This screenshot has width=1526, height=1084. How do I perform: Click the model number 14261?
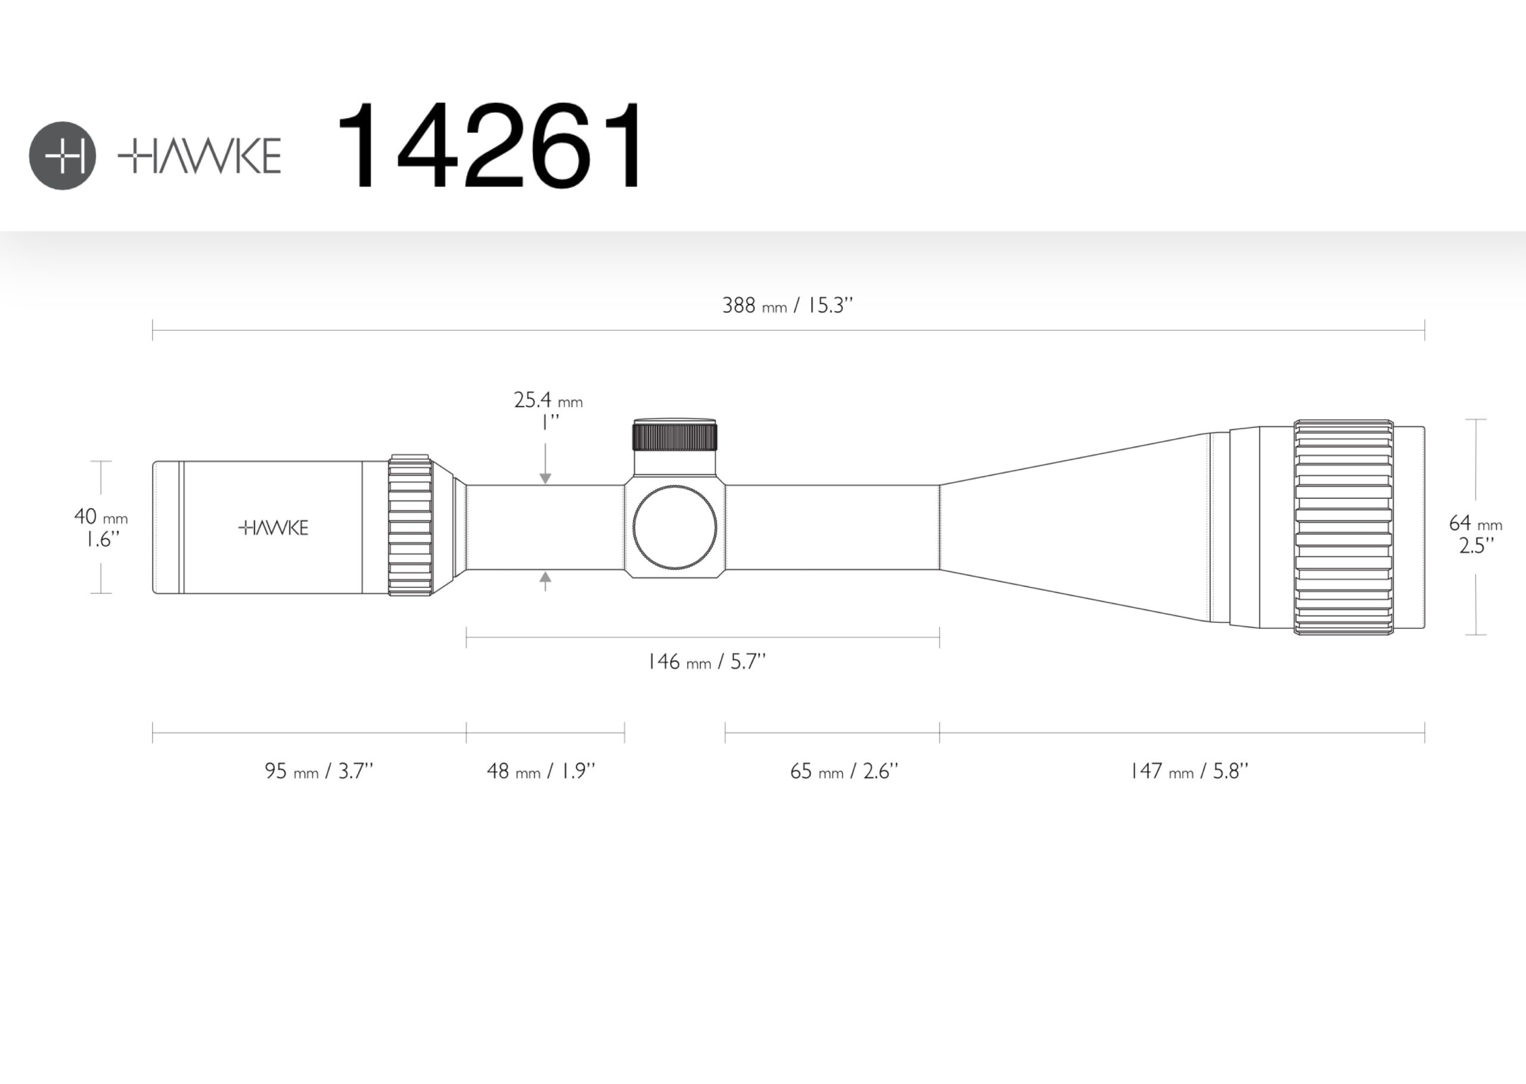coord(491,145)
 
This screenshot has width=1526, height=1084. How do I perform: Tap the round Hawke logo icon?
coord(63,156)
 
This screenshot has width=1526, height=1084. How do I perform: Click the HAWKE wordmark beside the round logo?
coord(200,156)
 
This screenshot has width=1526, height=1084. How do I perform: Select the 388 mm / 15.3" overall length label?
coord(787,306)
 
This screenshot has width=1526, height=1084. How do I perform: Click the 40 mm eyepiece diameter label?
coord(100,527)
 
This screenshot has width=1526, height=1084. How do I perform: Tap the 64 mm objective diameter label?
coord(1475,534)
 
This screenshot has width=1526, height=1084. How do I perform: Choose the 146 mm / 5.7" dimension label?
coord(707,661)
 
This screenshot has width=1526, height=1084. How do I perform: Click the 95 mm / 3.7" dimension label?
coord(319,771)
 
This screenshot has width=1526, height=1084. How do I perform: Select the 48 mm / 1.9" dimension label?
coord(541,771)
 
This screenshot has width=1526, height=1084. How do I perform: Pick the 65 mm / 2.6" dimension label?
coord(845,771)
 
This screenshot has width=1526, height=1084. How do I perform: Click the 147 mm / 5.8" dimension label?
coord(1189,771)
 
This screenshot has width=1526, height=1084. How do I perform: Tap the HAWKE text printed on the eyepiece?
coord(274,528)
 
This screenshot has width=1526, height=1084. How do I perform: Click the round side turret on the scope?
coord(675,527)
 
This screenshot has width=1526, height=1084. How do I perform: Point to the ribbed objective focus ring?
coord(1344,527)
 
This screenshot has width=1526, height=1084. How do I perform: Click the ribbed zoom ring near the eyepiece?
coord(410,524)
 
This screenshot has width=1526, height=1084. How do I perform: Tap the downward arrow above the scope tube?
coord(545,463)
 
